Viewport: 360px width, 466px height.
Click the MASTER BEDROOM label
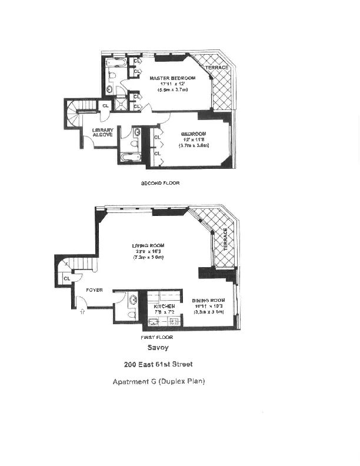click(168, 78)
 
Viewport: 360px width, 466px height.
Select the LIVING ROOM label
click(148, 245)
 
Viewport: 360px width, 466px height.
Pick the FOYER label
click(95, 290)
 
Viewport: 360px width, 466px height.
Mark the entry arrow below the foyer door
click(82, 313)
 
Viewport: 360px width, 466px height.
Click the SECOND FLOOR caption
click(160, 183)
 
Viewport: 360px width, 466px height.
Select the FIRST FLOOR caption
click(156, 338)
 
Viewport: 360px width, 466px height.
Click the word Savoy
click(159, 347)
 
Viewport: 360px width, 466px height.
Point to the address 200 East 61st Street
click(158, 364)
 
